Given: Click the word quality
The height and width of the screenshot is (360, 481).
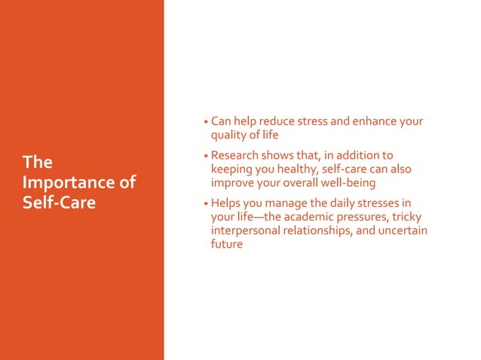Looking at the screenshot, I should click(230, 136).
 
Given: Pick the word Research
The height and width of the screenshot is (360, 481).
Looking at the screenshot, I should click(239, 156).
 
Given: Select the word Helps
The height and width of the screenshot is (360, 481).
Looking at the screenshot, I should click(227, 203).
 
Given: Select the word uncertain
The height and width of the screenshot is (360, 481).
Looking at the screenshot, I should click(403, 230).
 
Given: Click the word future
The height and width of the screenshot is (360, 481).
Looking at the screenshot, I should click(227, 244).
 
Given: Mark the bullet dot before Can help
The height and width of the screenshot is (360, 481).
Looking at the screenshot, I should click(205, 122).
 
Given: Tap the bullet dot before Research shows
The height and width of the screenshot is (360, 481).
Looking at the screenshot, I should click(205, 157).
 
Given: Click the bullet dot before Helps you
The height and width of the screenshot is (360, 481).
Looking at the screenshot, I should click(205, 204).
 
